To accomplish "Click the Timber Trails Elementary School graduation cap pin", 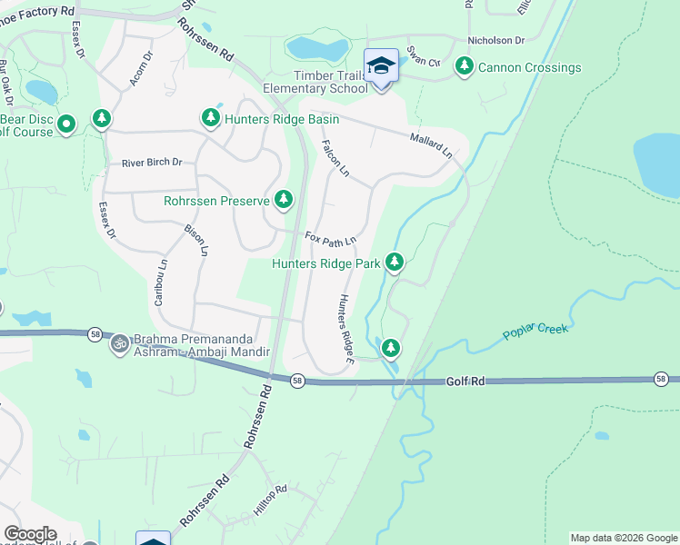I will pos(381,67).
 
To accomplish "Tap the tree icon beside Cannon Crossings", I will pos(465,66).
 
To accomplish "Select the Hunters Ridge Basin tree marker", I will pos(211,118).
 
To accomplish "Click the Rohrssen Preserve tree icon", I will pos(285,199).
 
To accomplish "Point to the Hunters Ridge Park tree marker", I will pos(394,263).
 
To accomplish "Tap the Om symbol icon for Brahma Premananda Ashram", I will pos(119,343).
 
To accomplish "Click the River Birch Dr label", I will pos(152,163).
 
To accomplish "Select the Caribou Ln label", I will pos(161,282).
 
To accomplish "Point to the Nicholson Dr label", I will pos(496,41).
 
